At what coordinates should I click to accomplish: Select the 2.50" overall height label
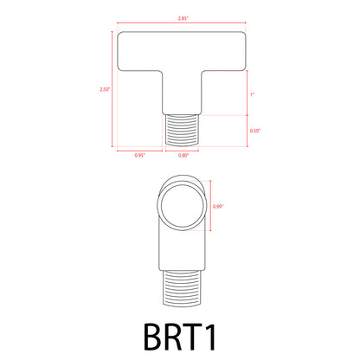pyautogui.click(x=106, y=88)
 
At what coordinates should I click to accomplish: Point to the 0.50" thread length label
pyautogui.click(x=254, y=131)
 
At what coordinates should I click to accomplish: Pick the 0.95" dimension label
pyautogui.click(x=138, y=156)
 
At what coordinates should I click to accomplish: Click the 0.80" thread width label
pyautogui.click(x=183, y=156)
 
